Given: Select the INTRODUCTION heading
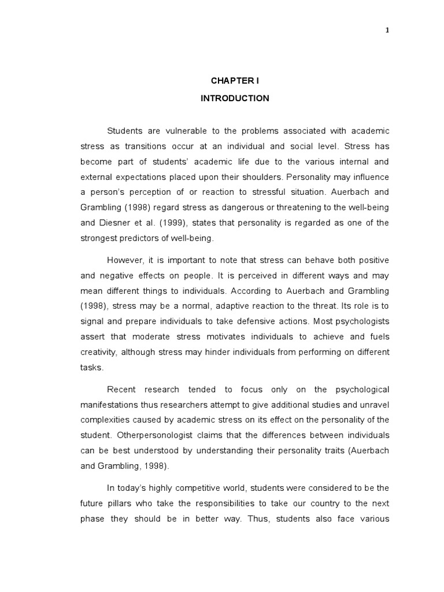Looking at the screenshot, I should point(235,98).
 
